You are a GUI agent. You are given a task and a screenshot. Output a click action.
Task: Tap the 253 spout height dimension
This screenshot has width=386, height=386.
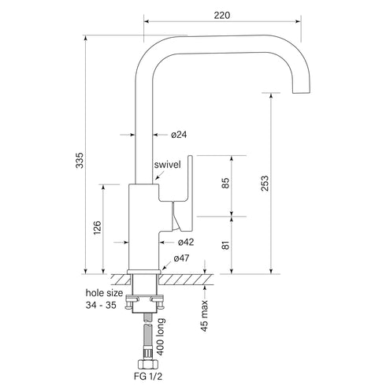[x=265, y=183]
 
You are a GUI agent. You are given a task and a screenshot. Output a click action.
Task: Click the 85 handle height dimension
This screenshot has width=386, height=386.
[x=225, y=184]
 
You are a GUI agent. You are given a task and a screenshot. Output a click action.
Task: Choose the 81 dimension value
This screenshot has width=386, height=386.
[x=225, y=246]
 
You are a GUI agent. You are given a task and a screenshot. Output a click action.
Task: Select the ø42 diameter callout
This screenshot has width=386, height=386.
[x=185, y=242]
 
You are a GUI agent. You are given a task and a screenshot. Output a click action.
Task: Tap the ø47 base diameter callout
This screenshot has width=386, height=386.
[x=181, y=258]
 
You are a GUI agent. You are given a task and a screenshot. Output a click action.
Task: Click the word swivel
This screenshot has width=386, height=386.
[x=169, y=164]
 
